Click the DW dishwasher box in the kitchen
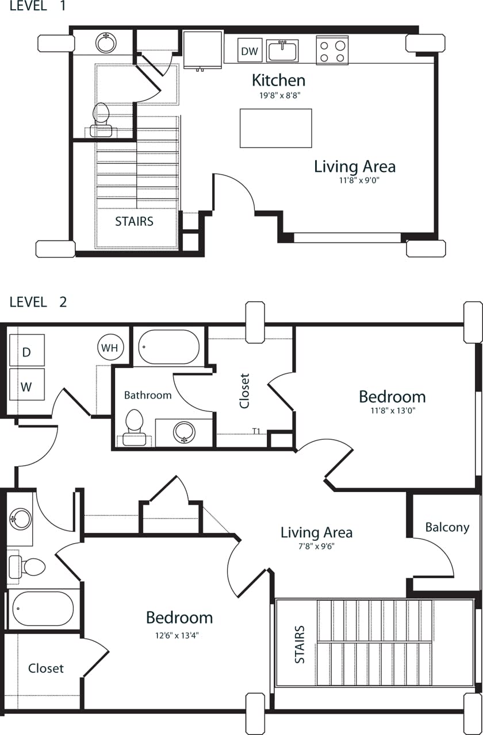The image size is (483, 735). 250,51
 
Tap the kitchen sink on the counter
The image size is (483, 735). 282,51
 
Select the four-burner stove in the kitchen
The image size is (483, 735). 332,50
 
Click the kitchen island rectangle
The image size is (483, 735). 276,128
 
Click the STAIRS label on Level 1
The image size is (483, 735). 134,221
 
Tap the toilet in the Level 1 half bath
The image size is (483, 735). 101,119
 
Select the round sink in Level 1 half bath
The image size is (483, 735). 106,42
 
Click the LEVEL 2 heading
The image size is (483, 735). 38,302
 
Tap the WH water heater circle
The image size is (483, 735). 109,348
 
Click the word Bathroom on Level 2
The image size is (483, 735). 148,395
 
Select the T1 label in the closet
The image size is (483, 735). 257,431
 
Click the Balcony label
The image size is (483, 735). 447,527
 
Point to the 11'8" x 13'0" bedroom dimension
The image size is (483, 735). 392,411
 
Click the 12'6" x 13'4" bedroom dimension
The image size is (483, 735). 179,635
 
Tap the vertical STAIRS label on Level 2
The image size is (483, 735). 300,644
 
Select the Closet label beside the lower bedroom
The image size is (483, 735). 46,668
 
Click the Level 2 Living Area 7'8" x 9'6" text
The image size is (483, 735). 316,546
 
